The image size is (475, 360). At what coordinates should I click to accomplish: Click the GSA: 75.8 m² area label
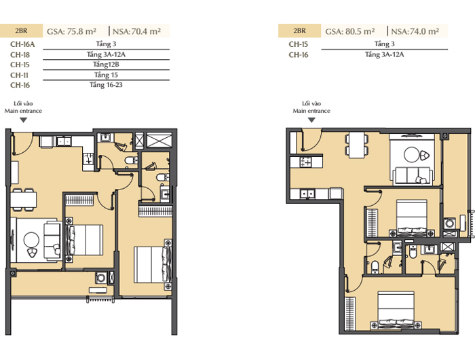pyautogui.click(x=71, y=31)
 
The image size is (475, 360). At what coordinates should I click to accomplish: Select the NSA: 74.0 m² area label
pyautogui.click(x=415, y=31)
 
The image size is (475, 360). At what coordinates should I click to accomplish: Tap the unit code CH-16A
pyautogui.click(x=22, y=44)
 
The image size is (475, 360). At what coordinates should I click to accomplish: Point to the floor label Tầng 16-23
pyautogui.click(x=106, y=85)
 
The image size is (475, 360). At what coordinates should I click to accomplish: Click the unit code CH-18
pyautogui.click(x=20, y=54)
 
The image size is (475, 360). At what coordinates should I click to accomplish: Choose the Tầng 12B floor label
pyautogui.click(x=106, y=65)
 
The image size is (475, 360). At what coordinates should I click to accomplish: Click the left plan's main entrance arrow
pyautogui.click(x=23, y=120)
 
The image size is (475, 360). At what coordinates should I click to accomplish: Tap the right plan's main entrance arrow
pyautogui.click(x=311, y=120)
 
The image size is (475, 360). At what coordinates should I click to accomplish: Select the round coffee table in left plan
pyautogui.click(x=31, y=240)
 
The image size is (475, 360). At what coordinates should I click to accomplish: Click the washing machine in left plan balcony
pyautogui.click(x=101, y=278)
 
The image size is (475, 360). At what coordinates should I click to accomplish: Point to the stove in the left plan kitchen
pyautogui.click(x=89, y=159)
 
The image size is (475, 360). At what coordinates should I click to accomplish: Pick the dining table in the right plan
pyautogui.click(x=356, y=145)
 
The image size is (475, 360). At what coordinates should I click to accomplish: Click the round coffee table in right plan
pyautogui.click(x=412, y=154)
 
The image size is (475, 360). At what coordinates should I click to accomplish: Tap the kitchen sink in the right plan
pyautogui.click(x=308, y=194)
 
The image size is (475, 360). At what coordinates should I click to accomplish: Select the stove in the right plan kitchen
pyautogui.click(x=305, y=162)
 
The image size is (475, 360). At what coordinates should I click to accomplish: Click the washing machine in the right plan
pyautogui.click(x=449, y=224)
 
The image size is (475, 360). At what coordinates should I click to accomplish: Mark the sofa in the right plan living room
pyautogui.click(x=413, y=176)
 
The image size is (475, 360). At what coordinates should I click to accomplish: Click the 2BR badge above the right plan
pyautogui.click(x=299, y=31)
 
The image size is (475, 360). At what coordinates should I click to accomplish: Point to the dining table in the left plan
pyautogui.click(x=24, y=200)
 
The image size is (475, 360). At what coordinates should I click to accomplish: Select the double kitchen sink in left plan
pyautogui.click(x=64, y=141)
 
